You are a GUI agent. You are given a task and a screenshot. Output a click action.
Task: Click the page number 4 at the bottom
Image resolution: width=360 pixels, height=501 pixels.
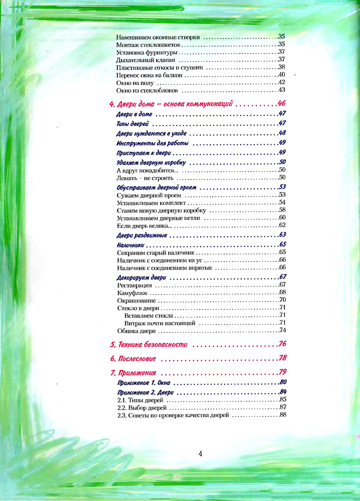(x=200, y=453)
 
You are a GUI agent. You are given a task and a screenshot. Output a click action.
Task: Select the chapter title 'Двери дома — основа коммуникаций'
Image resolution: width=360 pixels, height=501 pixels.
(x=171, y=104)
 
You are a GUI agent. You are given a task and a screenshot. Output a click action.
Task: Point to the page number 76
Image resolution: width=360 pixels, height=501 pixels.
(x=283, y=344)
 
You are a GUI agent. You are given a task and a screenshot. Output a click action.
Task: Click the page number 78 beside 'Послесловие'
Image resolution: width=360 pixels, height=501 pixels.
(x=283, y=358)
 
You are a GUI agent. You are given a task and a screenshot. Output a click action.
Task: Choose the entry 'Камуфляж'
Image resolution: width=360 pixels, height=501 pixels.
(x=130, y=293)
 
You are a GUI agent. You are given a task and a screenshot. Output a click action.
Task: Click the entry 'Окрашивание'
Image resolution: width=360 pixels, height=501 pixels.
(x=136, y=300)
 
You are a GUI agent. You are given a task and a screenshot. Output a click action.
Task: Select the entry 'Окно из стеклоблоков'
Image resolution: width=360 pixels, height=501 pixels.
(x=148, y=90)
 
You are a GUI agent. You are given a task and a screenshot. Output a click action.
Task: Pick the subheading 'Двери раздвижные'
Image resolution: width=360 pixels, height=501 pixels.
(x=142, y=235)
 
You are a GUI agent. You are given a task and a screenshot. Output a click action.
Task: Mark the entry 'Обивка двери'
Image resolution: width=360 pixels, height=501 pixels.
(x=136, y=331)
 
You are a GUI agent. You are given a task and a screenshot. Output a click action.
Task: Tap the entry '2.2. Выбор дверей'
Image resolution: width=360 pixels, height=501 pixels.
(x=142, y=407)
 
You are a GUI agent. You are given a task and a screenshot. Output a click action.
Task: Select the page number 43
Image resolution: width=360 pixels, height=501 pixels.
(x=283, y=90)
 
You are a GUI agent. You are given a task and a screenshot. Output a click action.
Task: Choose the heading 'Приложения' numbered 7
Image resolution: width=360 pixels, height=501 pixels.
(x=133, y=373)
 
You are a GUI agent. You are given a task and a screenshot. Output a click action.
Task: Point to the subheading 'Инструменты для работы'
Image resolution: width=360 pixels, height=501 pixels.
(x=152, y=143)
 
